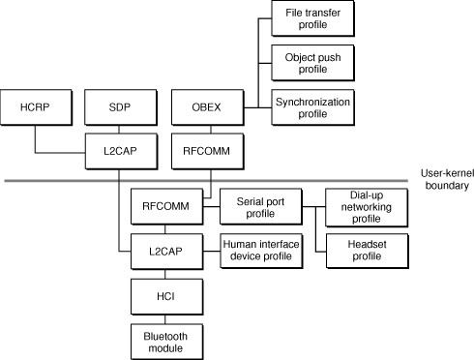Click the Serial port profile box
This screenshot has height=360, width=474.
259,205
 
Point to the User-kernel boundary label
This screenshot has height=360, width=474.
445,178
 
